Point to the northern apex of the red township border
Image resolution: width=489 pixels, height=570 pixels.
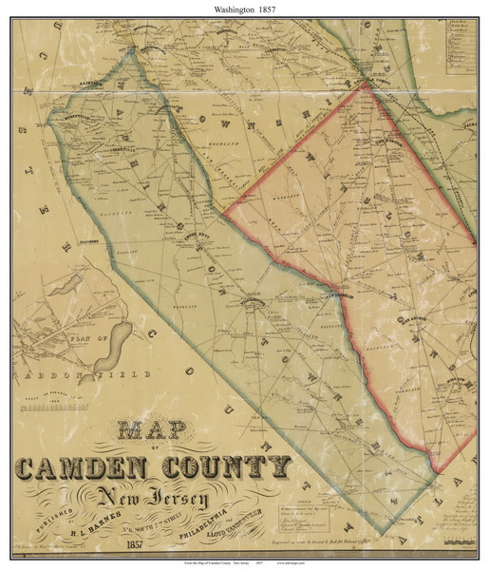click(366, 84)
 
